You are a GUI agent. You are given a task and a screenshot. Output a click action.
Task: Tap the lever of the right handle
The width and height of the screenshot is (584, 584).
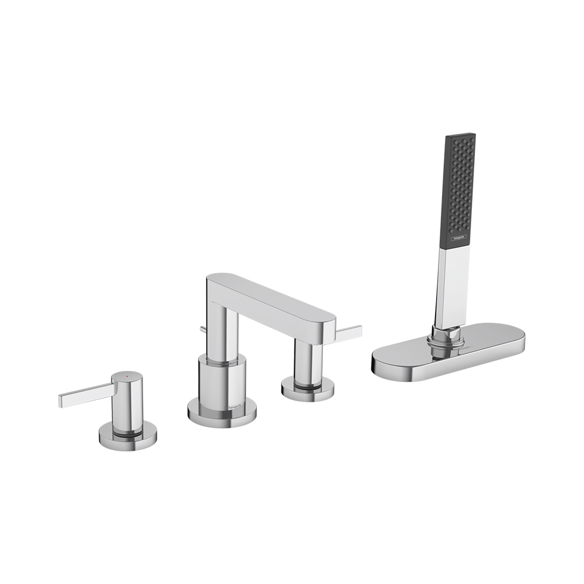pyautogui.click(x=347, y=333)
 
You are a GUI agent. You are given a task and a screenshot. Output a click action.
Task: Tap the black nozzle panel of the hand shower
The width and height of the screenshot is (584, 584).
pyautogui.click(x=461, y=187)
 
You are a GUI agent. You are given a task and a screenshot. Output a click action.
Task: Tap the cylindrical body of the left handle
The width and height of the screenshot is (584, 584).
pyautogui.click(x=127, y=403)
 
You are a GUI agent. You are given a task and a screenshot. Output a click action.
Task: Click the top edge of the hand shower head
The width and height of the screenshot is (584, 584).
pyautogui.click(x=461, y=135)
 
